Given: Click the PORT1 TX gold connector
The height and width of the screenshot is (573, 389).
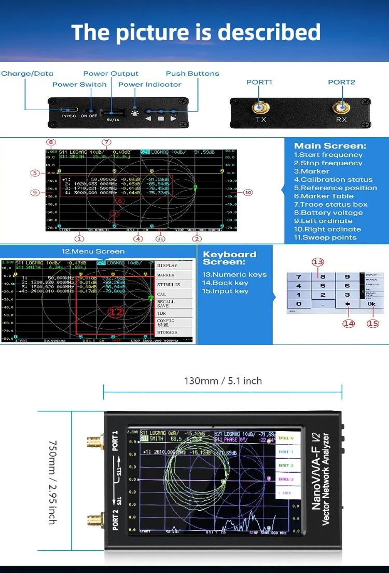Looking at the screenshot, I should tap(260, 108).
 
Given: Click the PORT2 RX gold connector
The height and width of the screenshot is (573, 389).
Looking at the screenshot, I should tap(341, 108).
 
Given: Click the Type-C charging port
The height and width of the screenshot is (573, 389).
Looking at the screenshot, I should tap(69, 111).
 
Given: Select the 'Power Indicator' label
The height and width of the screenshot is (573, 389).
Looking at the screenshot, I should tap(150, 85).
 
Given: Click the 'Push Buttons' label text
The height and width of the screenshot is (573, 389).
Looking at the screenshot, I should tap(192, 74).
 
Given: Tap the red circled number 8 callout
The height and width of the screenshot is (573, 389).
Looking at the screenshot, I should tap(51, 142).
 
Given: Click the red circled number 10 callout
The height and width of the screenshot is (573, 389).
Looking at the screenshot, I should tap(248, 192).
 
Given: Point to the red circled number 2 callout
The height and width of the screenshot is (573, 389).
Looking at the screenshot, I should tap(197, 239).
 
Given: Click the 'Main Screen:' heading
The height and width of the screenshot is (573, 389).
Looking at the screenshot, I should tap(330, 146).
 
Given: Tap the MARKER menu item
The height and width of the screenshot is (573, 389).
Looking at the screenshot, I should tap(166, 275).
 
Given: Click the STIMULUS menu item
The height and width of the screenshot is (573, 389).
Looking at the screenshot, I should tap(169, 285).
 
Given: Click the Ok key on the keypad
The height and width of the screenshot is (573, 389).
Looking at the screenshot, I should tap(371, 304).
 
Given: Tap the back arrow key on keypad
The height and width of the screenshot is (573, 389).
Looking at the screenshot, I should tap(348, 304).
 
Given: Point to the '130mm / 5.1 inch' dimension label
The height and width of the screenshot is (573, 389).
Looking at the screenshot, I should tap(223, 381).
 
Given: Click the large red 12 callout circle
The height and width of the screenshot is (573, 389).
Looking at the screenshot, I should tap(115, 312).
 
